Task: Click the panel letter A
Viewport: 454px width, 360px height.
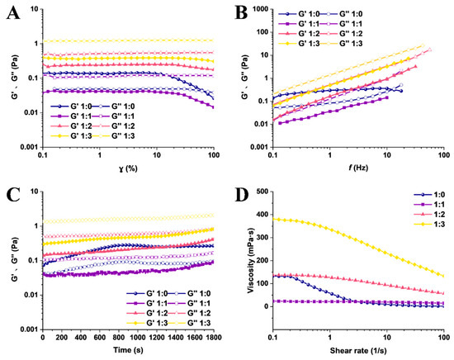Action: pos(13,12)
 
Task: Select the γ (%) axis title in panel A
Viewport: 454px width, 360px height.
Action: pos(128,168)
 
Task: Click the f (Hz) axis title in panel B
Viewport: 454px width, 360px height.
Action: pos(358,168)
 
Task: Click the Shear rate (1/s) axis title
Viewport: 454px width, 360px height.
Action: pos(358,350)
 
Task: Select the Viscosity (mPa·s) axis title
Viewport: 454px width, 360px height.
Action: pos(251,249)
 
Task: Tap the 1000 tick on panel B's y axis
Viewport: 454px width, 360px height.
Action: pos(260,9)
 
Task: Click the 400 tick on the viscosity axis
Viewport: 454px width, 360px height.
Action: pos(262,215)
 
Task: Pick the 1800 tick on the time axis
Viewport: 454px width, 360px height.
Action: pos(214,338)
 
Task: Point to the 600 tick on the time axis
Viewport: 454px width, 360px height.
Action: pos(100,338)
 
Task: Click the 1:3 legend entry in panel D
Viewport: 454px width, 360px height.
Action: pos(429,224)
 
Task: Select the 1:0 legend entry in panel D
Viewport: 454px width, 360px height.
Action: pos(429,195)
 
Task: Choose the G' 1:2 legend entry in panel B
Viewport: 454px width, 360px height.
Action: pos(299,33)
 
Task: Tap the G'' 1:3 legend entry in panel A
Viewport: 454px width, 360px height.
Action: pos(113,136)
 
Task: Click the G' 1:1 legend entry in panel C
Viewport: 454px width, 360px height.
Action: pos(147,303)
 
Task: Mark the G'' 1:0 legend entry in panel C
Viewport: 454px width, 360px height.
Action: pos(189,293)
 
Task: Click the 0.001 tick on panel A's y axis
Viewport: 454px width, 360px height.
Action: pos(29,147)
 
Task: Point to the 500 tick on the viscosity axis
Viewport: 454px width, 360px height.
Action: pos(262,192)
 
